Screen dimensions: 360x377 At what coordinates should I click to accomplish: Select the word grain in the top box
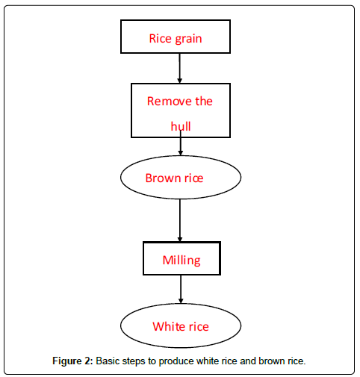(x=188, y=40)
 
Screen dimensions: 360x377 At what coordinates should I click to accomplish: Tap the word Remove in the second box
(x=170, y=102)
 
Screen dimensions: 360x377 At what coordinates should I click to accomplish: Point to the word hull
(x=181, y=126)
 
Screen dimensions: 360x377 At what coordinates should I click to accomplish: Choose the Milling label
(x=181, y=261)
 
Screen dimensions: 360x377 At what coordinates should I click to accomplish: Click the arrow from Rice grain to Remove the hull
(x=179, y=68)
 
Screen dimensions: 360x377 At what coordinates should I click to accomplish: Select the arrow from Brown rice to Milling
(x=180, y=220)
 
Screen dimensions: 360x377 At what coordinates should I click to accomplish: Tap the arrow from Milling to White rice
(x=181, y=289)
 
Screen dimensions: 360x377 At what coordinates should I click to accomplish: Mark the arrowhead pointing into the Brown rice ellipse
(x=181, y=153)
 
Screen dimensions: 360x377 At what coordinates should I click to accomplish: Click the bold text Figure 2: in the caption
(x=72, y=361)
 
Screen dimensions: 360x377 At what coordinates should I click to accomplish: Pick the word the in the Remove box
(x=204, y=102)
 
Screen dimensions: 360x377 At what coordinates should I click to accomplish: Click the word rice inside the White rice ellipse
(x=199, y=327)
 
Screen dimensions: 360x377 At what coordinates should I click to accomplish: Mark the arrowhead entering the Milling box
(x=180, y=239)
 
